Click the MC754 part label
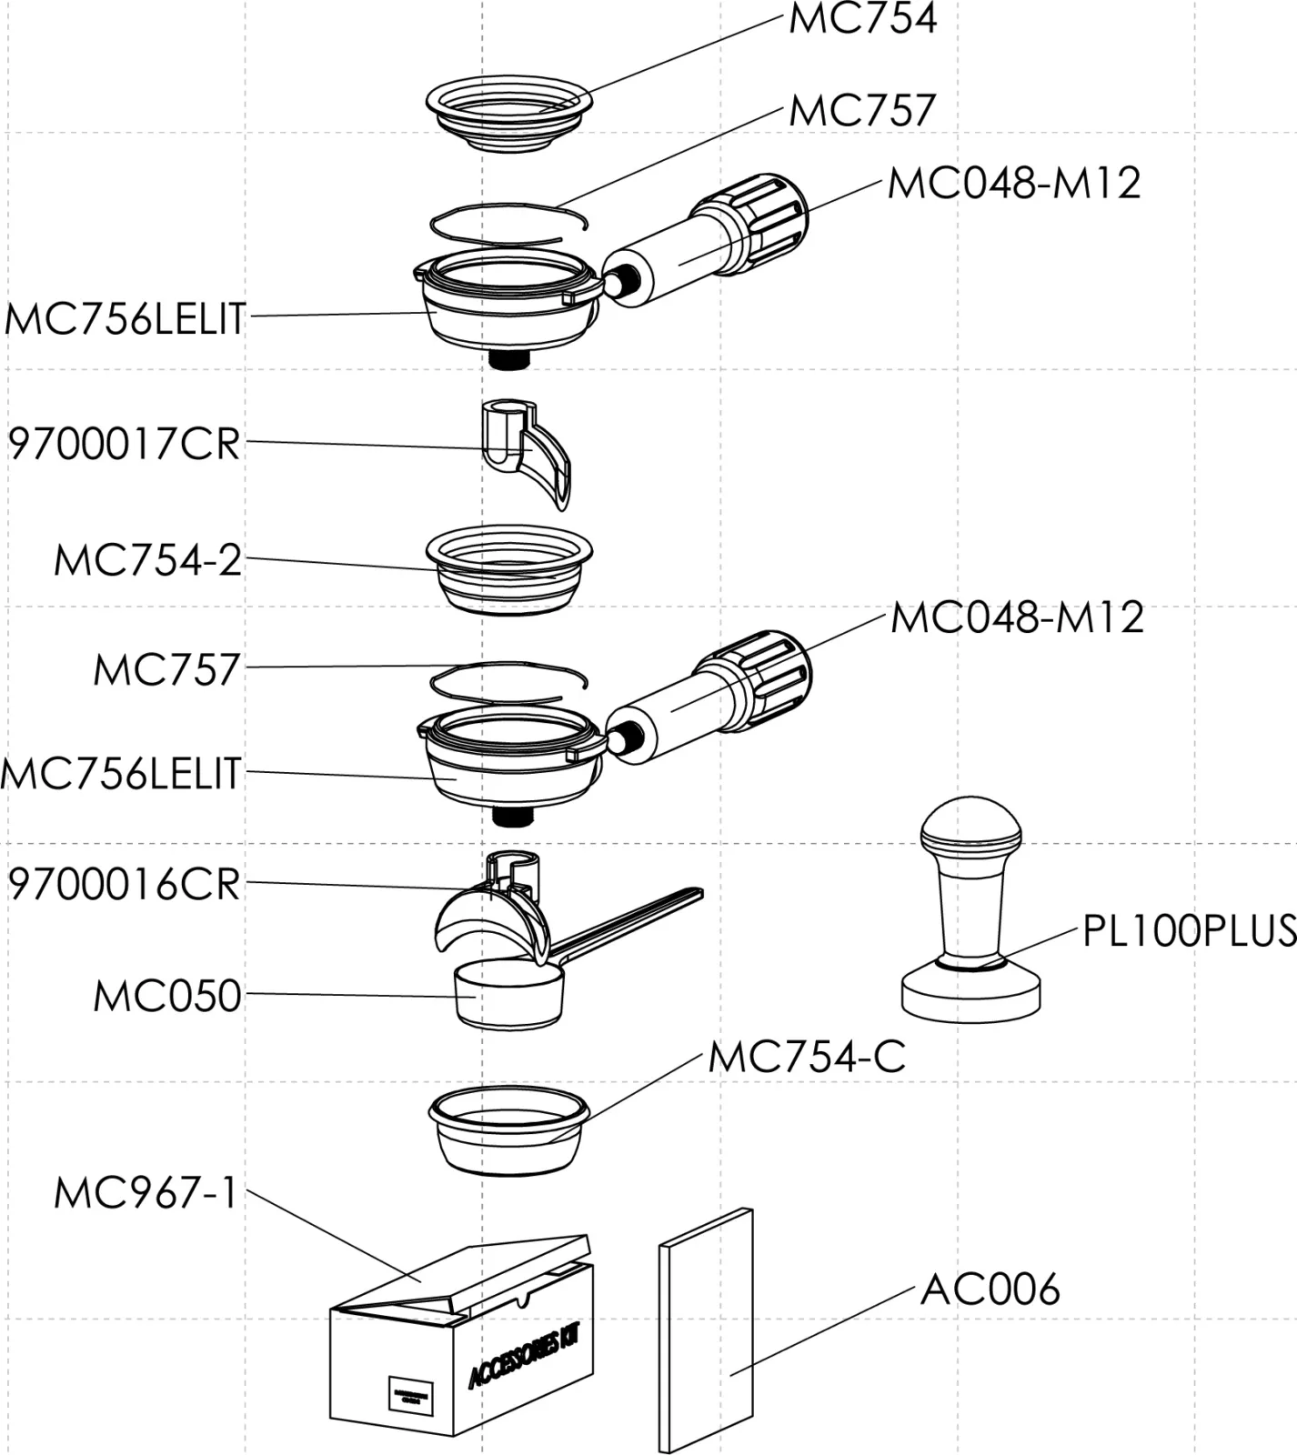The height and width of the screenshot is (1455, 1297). pyautogui.click(x=861, y=19)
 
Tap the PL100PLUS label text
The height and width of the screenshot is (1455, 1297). pyautogui.click(x=1189, y=930)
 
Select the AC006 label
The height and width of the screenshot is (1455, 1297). pyautogui.click(x=990, y=1289)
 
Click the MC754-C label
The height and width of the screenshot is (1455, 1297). pyautogui.click(x=807, y=1057)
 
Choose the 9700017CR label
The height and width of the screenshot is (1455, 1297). pyautogui.click(x=125, y=444)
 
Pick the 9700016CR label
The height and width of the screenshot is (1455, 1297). pyautogui.click(x=125, y=884)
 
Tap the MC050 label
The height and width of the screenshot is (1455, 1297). pyautogui.click(x=167, y=996)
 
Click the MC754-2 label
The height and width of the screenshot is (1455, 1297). pyautogui.click(x=148, y=560)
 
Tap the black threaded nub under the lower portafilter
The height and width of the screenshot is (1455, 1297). pyautogui.click(x=511, y=816)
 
